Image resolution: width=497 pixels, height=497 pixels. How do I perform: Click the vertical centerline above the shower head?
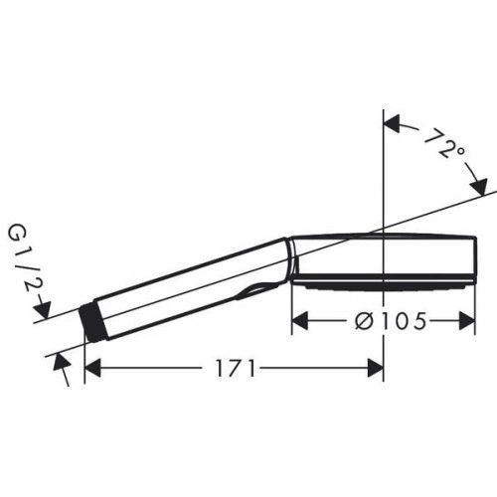click(384, 169)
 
